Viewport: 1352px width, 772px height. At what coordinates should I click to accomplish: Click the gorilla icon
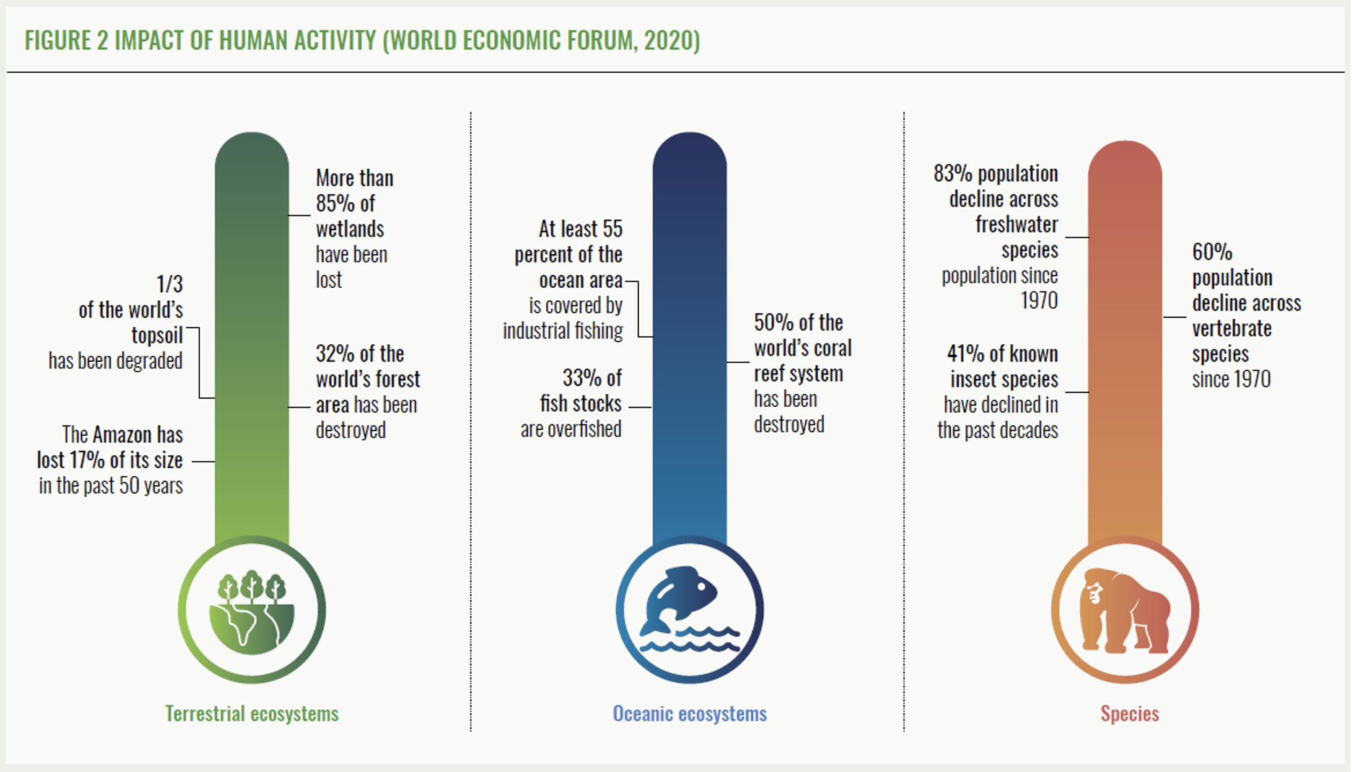(x=1125, y=611)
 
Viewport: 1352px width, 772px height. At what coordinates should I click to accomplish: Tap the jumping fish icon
(x=689, y=610)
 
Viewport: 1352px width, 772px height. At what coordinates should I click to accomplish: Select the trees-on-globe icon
(x=252, y=612)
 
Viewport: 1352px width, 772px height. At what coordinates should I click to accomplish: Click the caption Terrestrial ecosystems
(x=252, y=714)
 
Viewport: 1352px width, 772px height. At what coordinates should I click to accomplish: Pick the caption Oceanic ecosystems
(x=690, y=714)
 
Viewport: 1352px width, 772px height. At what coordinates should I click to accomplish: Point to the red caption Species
(x=1130, y=714)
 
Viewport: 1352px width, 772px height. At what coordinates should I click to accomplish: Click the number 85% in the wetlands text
(x=336, y=203)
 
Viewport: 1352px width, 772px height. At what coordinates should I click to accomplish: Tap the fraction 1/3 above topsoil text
(x=170, y=284)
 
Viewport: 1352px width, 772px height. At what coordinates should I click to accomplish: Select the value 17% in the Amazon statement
(x=87, y=460)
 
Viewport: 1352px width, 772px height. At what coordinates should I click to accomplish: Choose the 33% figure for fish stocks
(x=581, y=377)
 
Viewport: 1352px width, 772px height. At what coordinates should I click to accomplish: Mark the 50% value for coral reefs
(x=773, y=322)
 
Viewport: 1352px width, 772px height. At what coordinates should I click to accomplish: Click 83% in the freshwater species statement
(x=953, y=173)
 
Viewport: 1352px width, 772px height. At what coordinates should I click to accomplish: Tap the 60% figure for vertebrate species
(x=1212, y=252)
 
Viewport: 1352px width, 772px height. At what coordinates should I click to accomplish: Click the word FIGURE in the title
(x=58, y=40)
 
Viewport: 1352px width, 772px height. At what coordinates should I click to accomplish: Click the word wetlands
(x=350, y=229)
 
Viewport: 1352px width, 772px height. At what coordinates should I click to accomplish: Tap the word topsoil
(x=157, y=335)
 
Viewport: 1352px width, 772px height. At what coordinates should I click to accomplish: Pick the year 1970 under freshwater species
(x=1039, y=300)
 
